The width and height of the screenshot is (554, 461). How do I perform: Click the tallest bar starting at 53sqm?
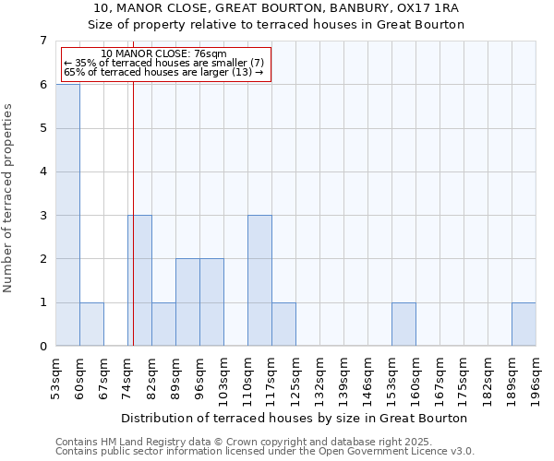(67, 215)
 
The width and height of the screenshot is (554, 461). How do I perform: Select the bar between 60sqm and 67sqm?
(91, 324)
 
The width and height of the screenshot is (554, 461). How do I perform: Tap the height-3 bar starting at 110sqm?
(259, 280)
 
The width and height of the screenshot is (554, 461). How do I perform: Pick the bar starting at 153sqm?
(403, 324)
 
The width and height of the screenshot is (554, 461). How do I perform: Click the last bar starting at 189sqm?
(524, 324)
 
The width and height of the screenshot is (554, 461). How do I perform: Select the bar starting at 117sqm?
(283, 324)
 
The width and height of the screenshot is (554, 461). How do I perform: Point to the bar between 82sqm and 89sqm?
(163, 324)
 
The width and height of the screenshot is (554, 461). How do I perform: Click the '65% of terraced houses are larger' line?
(163, 72)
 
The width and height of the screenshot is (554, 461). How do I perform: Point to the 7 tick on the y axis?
(42, 41)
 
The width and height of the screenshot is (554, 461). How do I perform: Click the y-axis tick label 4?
(42, 171)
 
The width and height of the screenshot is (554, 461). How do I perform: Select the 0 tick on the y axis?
(42, 347)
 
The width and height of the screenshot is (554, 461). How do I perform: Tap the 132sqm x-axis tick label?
(319, 373)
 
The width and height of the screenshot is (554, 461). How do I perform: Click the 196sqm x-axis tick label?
(536, 373)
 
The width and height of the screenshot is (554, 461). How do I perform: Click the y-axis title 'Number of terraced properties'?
(9, 198)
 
